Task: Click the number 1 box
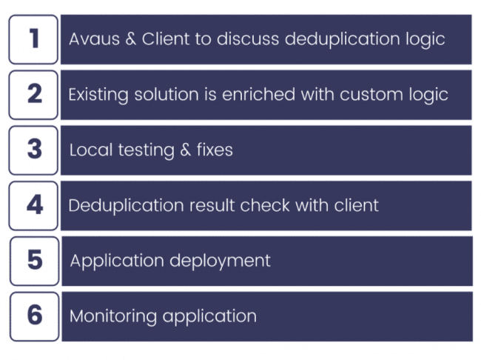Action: pyautogui.click(x=34, y=39)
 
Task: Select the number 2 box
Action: pyautogui.click(x=34, y=94)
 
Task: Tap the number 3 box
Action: pyautogui.click(x=34, y=150)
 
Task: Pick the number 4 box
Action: pyautogui.click(x=34, y=205)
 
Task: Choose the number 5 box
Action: pyautogui.click(x=35, y=261)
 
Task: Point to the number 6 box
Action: pyautogui.click(x=35, y=316)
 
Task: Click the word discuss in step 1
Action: pyautogui.click(x=251, y=39)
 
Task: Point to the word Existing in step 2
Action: pyautogui.click(x=97, y=95)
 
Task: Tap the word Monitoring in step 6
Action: pyautogui.click(x=113, y=316)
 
